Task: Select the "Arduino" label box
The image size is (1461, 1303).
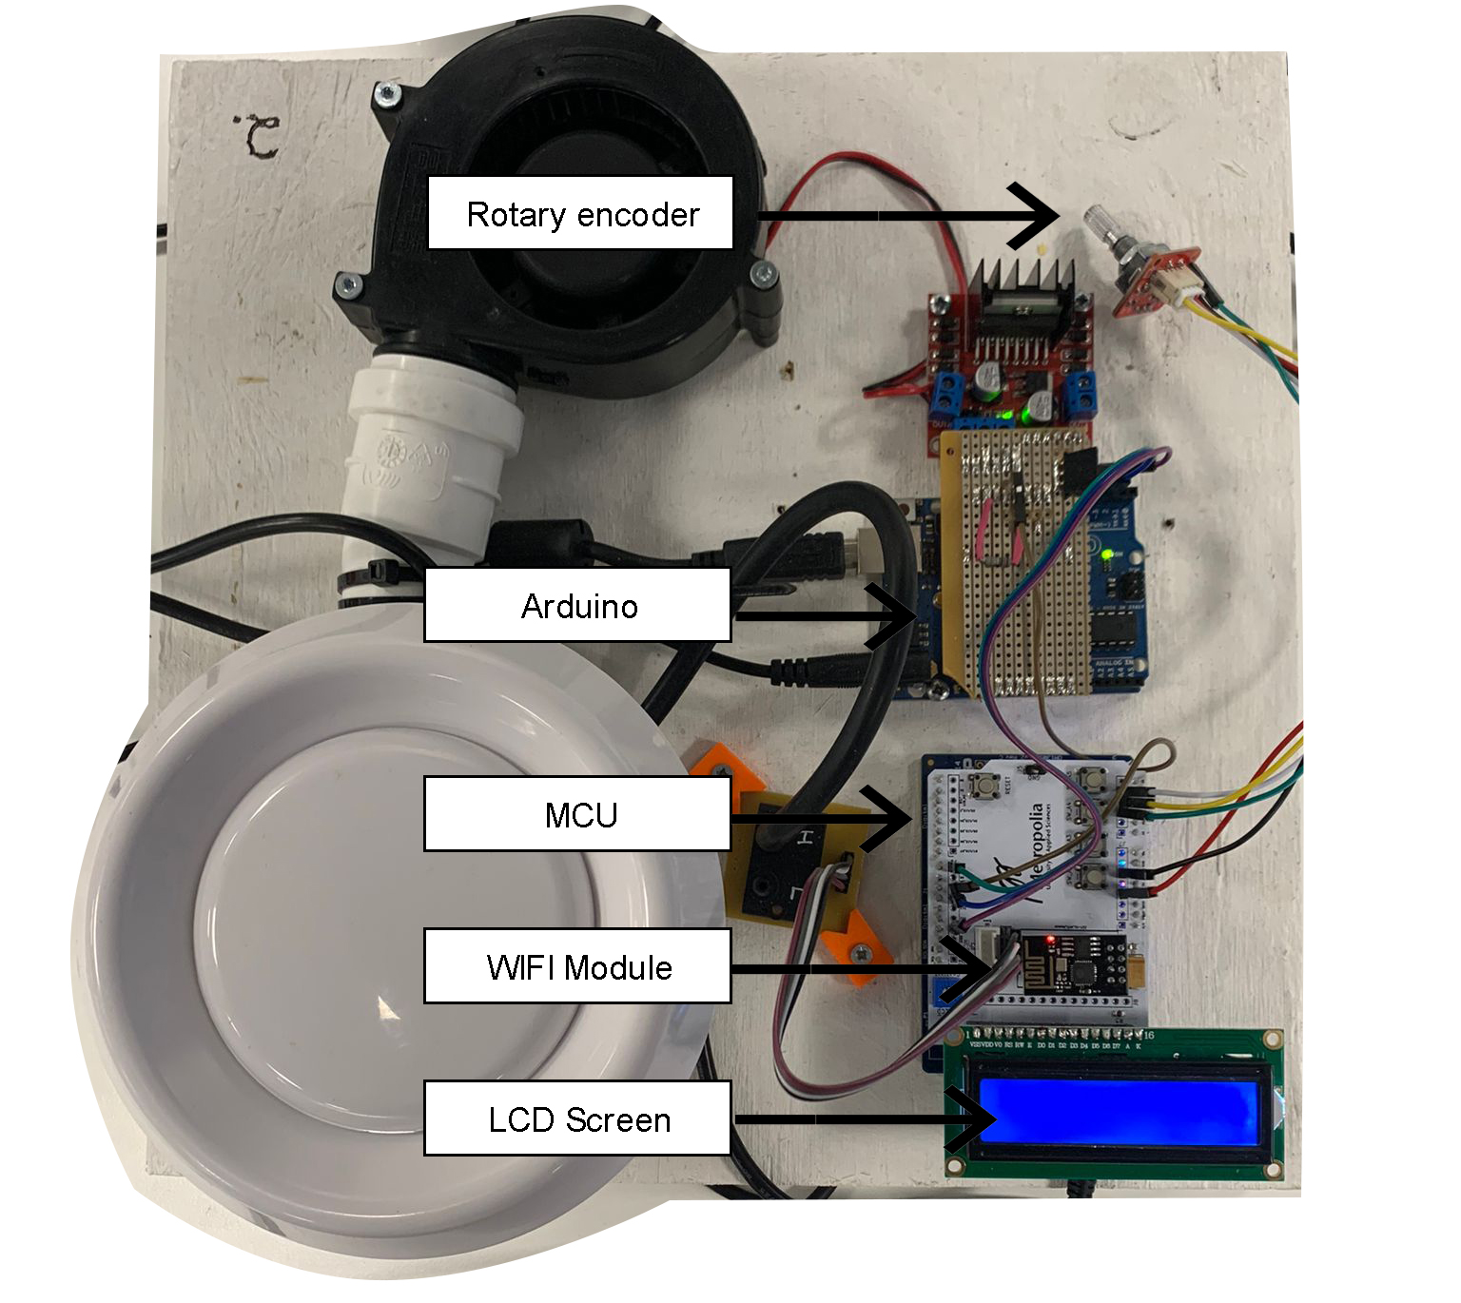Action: coord(577,605)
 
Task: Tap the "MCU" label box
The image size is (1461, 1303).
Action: coord(577,814)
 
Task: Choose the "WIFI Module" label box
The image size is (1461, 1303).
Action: coord(577,966)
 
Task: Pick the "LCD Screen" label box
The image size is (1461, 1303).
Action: coord(577,1118)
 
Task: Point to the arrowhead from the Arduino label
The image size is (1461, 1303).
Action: coord(894,616)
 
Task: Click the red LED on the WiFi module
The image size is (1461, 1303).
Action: coord(1049,941)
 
